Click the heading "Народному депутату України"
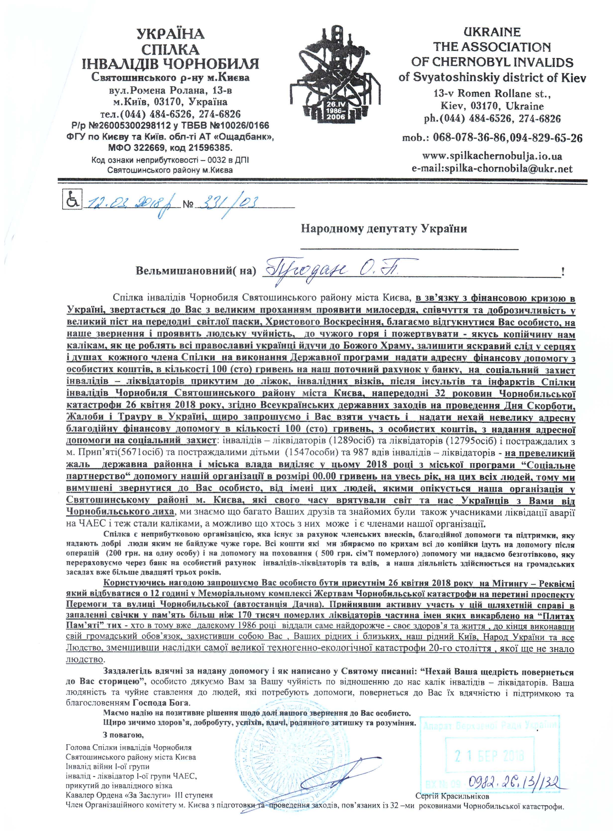pos(384,229)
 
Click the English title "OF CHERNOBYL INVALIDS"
pos(492,62)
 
